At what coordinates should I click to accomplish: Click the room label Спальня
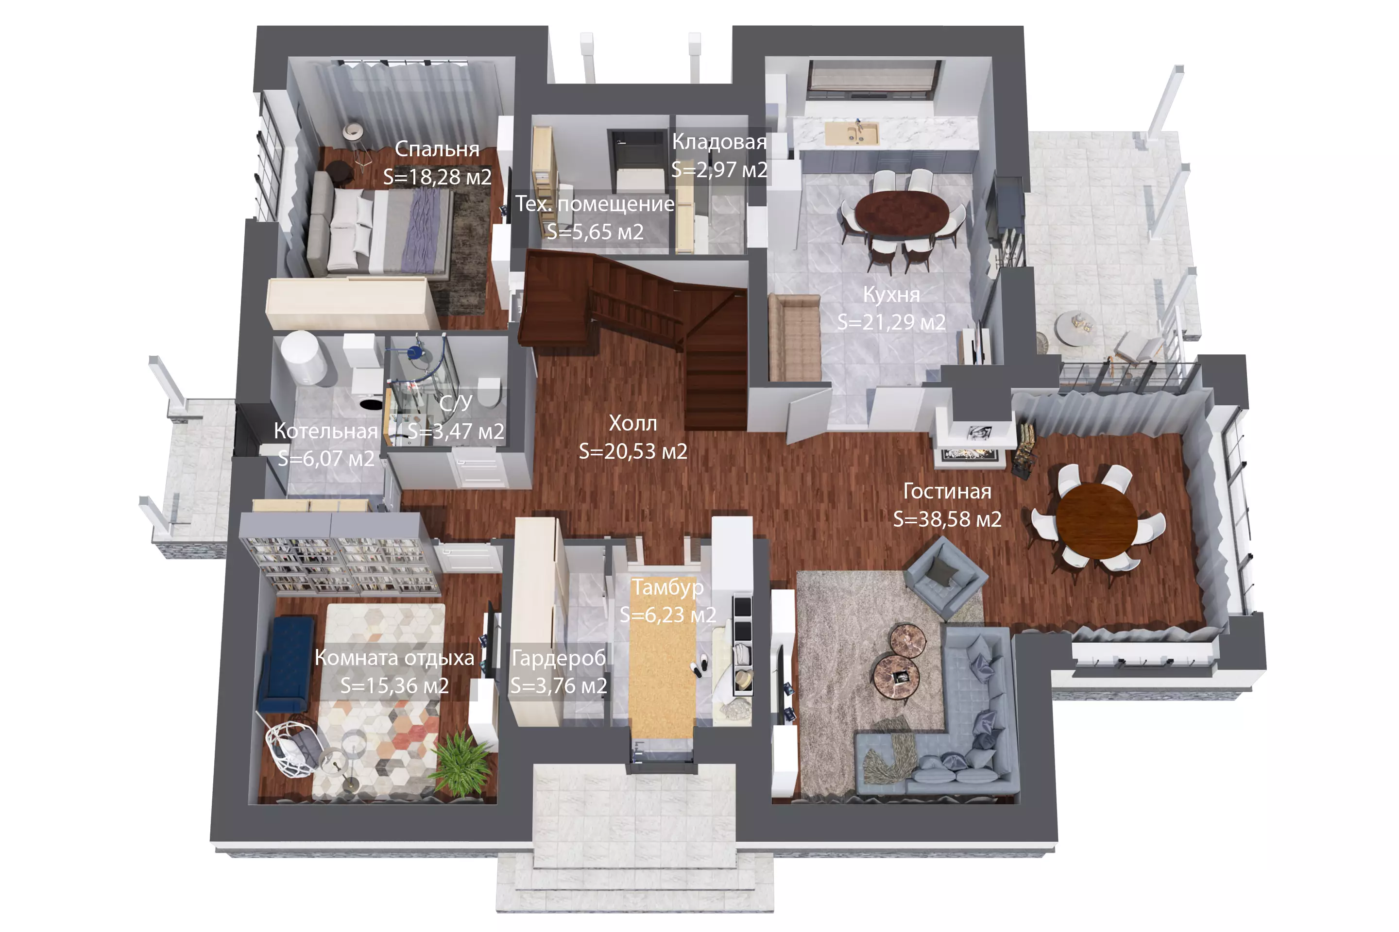(x=437, y=149)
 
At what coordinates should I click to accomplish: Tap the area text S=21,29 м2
(x=891, y=321)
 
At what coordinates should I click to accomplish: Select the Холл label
(x=633, y=423)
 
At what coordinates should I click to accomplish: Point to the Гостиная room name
(x=947, y=491)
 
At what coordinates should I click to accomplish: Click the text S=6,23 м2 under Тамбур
(x=668, y=615)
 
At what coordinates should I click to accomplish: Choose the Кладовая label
(x=719, y=141)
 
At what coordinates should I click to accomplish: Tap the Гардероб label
(x=559, y=657)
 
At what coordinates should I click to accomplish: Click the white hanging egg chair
(x=292, y=749)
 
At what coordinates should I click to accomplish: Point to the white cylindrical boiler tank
(x=304, y=358)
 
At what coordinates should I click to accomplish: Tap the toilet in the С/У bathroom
(x=489, y=392)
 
